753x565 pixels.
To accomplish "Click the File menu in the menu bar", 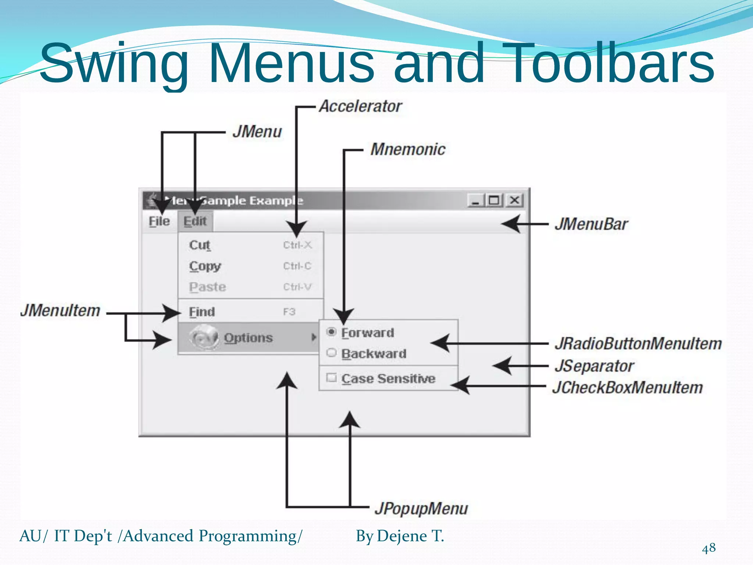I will pos(159,221).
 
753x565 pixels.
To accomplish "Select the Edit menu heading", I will pos(195,221).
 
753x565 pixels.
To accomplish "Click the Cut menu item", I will pos(200,245).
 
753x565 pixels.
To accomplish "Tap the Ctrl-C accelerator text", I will pos(297,266).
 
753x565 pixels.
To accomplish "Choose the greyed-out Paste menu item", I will pos(207,287).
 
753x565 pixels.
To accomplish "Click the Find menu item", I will pos(202,312).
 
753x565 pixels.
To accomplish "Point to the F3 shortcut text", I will pos(289,312).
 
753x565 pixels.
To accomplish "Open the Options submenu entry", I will pos(248,338).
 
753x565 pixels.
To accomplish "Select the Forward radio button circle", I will pos(331,332).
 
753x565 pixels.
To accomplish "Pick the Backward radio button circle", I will pos(331,353).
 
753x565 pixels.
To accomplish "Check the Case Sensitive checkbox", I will pos(331,378).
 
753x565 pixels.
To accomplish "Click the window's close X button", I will pos(514,200).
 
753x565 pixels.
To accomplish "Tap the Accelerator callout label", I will pos(360,107).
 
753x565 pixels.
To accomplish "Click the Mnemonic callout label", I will pos(408,150).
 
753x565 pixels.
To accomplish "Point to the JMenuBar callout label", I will pos(591,224).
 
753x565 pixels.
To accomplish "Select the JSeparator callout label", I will pos(594,366).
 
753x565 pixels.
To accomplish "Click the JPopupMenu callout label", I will pos(421,509).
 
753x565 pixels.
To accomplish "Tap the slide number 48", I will pos(709,548).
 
